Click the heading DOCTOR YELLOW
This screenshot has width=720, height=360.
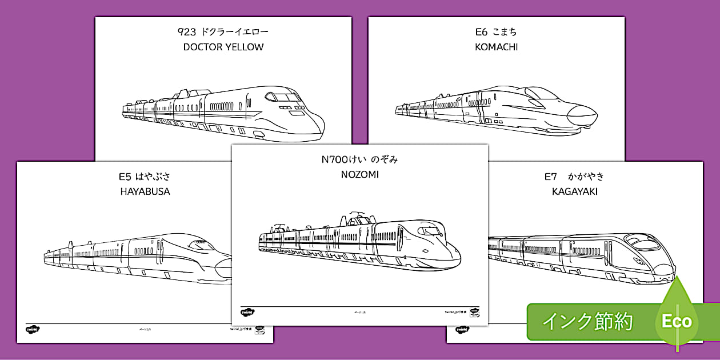tap(223, 47)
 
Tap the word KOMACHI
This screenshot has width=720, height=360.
tap(496, 47)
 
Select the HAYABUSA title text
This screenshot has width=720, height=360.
tap(145, 191)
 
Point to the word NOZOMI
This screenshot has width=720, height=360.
tap(359, 175)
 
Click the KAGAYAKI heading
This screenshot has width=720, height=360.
tap(574, 192)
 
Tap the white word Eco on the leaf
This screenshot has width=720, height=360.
tap(677, 321)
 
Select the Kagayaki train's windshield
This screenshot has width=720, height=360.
tap(642, 242)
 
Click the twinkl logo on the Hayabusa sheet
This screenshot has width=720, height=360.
tap(32, 330)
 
